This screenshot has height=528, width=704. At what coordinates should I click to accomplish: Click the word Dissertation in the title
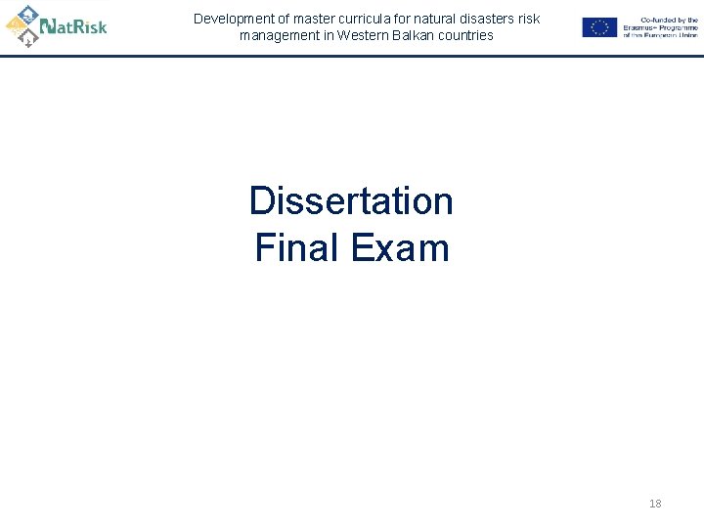[351, 201]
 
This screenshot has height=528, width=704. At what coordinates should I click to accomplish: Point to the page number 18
[655, 504]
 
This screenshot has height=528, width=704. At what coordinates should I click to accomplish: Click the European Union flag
[598, 27]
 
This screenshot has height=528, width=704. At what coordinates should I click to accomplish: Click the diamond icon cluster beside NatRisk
[23, 26]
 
